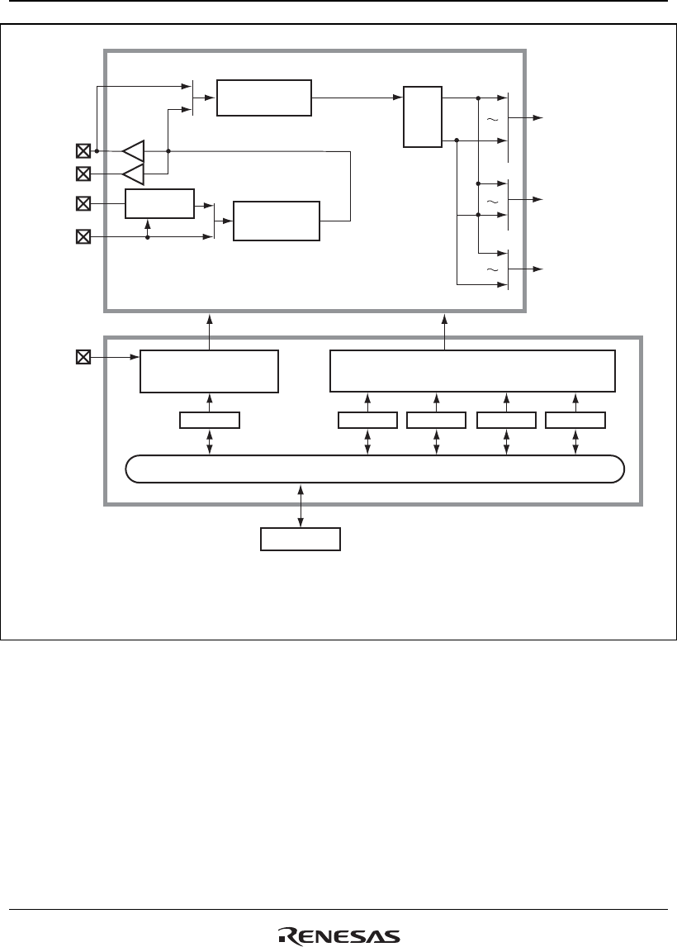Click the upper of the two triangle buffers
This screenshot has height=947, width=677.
tap(133, 151)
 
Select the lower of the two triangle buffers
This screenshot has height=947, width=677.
tap(133, 174)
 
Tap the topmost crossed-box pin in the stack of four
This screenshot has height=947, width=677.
tap(83, 151)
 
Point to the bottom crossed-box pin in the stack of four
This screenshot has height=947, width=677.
tap(83, 237)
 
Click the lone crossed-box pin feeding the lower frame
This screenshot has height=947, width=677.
tap(83, 358)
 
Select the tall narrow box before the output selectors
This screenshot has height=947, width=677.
tap(423, 117)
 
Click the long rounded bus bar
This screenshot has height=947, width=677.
tap(374, 469)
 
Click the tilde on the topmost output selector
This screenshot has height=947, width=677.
tap(493, 120)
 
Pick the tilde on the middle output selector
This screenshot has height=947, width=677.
tap(493, 202)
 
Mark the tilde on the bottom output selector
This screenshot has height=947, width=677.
tap(493, 270)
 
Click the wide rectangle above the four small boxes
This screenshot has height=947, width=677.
tap(472, 371)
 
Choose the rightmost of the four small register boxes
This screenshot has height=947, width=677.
tap(575, 420)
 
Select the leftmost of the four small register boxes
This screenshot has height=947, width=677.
tap(367, 420)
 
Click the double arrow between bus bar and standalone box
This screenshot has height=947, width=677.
tap(301, 504)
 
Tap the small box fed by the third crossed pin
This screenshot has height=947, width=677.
tap(159, 203)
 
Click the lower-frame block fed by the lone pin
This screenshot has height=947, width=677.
tap(209, 371)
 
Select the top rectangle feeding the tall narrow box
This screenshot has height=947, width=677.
tap(264, 98)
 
